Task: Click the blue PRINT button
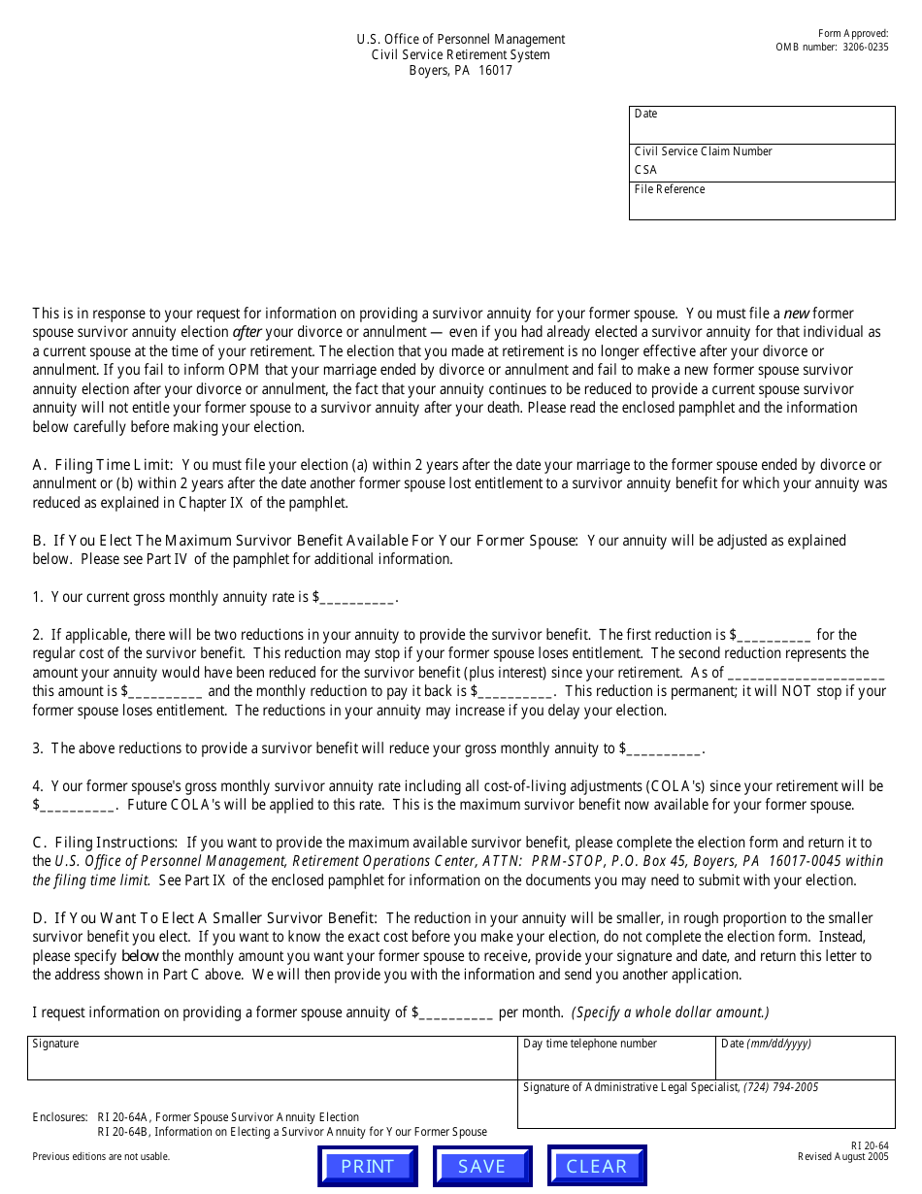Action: (368, 1166)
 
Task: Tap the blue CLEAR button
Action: (597, 1166)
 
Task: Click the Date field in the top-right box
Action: (762, 126)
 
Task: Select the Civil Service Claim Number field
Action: (762, 170)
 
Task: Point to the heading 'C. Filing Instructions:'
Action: (105, 843)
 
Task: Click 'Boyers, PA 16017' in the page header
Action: (460, 71)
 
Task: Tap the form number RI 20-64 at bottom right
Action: (869, 1144)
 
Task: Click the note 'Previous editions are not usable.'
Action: (101, 1156)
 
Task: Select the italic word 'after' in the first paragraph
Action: (247, 332)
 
